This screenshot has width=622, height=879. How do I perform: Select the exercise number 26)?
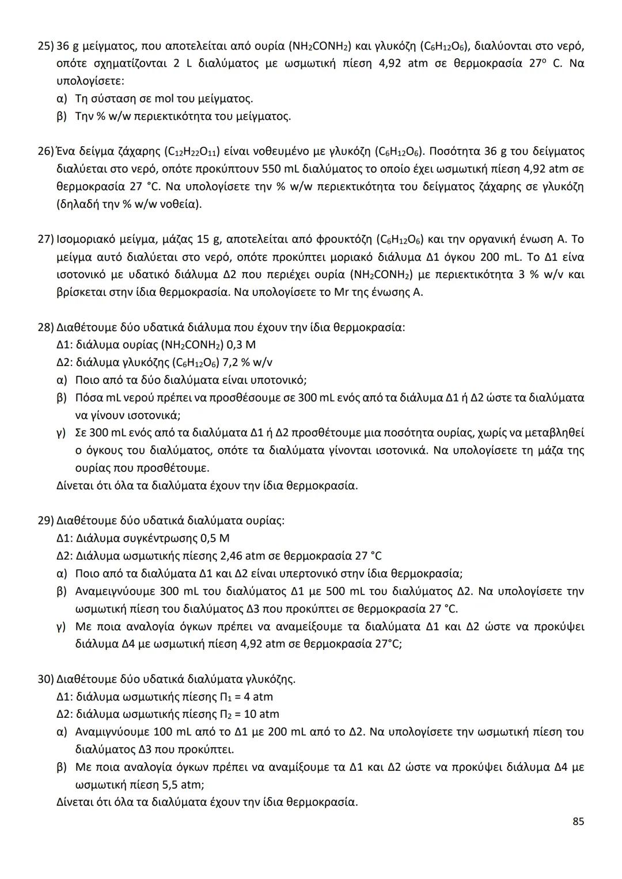(x=45, y=152)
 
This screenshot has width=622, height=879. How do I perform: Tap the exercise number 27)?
(x=45, y=239)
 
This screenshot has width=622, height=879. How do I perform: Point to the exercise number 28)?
(x=45, y=328)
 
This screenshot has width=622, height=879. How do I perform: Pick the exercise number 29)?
(x=45, y=521)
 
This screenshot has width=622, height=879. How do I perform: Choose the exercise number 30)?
(x=45, y=679)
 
